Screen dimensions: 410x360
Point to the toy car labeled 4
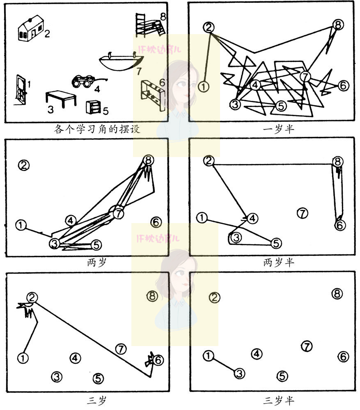tap(85, 81)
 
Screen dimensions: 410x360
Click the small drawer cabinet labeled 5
tap(94, 107)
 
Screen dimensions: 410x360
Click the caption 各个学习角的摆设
tap(97, 130)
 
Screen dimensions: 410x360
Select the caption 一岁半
tap(279, 130)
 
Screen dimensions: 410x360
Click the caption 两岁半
tap(279, 262)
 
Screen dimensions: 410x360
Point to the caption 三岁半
tap(279, 400)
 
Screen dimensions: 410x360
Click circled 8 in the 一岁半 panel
tap(337, 25)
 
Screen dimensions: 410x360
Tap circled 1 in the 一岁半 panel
tap(204, 87)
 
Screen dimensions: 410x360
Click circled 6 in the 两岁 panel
tap(156, 222)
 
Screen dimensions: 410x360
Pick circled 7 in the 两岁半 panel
tap(302, 213)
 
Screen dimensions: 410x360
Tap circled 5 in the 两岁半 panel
tap(277, 243)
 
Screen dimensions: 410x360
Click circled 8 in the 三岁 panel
tap(152, 296)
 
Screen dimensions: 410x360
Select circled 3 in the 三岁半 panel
tap(240, 374)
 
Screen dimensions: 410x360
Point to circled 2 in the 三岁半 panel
tap(214, 298)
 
